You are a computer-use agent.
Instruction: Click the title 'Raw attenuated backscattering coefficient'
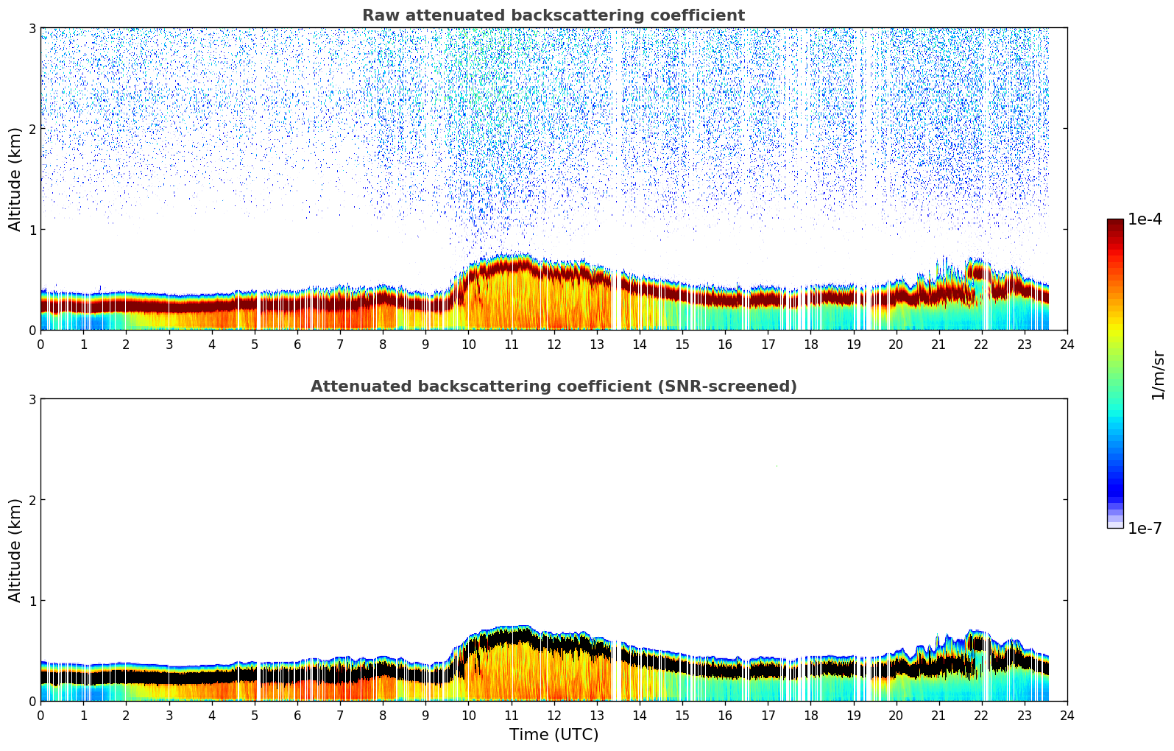pos(553,15)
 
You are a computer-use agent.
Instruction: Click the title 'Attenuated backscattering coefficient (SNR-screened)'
pos(553,387)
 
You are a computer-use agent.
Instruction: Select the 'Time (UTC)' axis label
pos(554,735)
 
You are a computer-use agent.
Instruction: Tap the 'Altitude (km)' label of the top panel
pos(15,179)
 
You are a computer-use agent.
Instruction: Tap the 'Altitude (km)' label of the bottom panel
pos(15,550)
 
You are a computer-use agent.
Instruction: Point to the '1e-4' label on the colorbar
pos(1145,219)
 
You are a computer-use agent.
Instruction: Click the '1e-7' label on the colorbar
pos(1145,528)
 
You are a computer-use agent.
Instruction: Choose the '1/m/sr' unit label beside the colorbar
pos(1158,375)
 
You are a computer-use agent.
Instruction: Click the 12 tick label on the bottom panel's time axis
pos(554,716)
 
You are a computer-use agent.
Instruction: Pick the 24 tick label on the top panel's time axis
pos(1067,345)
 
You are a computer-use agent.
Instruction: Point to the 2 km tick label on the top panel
pos(32,129)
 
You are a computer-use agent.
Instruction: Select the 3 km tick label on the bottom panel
pos(32,399)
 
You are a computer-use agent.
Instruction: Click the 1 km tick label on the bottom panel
pos(32,601)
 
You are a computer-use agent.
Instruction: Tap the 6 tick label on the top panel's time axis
pos(297,345)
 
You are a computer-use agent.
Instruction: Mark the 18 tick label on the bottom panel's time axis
pos(810,716)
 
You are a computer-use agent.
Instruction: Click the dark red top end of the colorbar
pos(1115,222)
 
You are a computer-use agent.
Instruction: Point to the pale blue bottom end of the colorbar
pos(1115,524)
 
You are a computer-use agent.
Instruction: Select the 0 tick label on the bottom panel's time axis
pos(40,716)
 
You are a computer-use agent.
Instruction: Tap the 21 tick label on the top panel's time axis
pos(938,345)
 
